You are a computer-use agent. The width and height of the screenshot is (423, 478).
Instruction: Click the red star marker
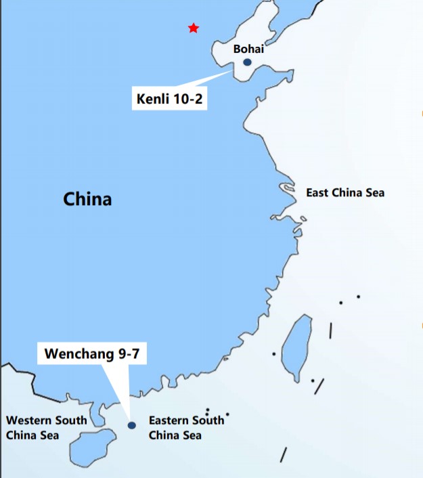(x=194, y=28)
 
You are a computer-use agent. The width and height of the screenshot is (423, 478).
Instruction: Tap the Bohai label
(x=248, y=49)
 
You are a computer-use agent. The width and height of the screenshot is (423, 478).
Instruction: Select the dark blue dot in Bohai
(x=247, y=62)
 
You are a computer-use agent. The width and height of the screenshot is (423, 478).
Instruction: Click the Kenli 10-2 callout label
(x=170, y=100)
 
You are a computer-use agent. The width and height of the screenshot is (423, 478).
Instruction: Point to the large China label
(x=87, y=199)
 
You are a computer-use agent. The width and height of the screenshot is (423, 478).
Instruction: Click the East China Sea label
(x=345, y=193)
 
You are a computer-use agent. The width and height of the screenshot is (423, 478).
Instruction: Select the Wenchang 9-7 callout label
(x=91, y=353)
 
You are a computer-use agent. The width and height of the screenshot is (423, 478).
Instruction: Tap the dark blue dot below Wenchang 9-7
(x=132, y=425)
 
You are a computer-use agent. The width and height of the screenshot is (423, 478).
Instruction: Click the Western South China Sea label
(x=47, y=427)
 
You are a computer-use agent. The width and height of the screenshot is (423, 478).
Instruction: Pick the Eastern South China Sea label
(x=186, y=427)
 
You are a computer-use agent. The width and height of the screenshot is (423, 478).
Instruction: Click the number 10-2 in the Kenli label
(x=187, y=100)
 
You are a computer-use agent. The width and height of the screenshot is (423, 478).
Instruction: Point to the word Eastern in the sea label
(x=169, y=420)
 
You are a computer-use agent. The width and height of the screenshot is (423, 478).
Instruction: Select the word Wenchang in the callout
(x=76, y=353)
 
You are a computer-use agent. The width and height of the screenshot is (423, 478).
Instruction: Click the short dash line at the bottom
(x=284, y=455)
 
